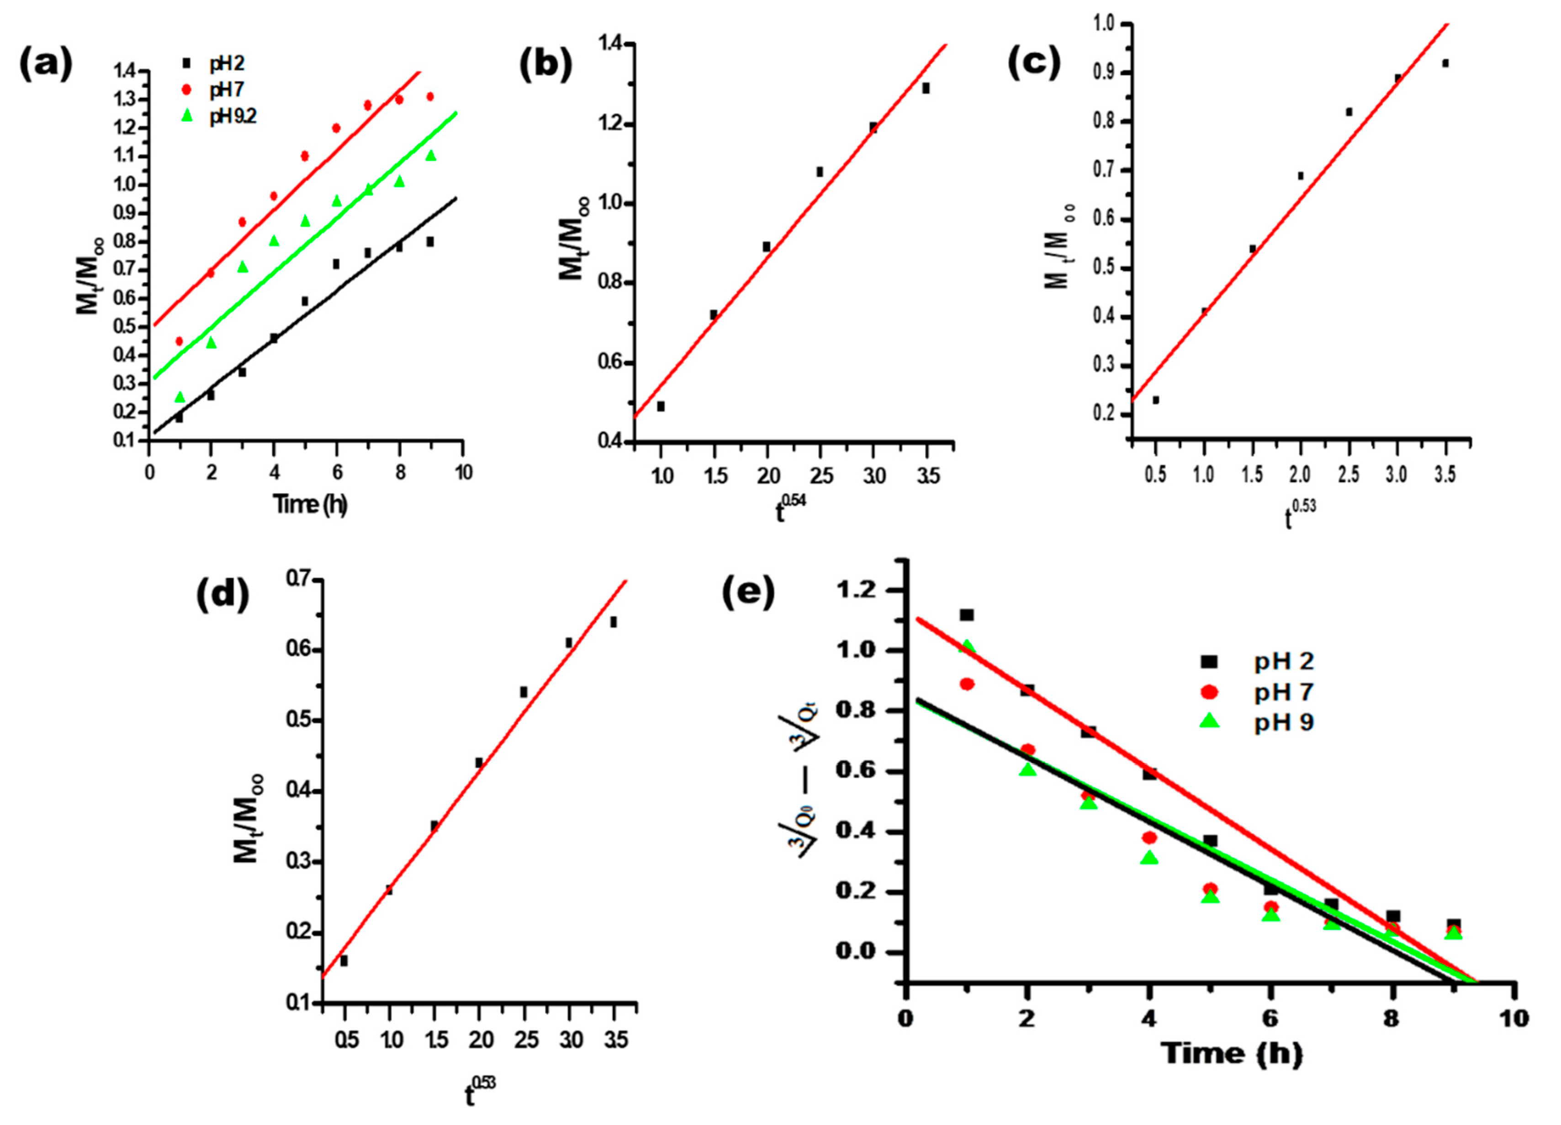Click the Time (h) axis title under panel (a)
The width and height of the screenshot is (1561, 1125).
310,504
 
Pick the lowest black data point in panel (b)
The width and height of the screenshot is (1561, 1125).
661,406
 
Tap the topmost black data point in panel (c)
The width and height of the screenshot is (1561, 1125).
1445,64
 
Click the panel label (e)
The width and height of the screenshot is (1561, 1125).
748,592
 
